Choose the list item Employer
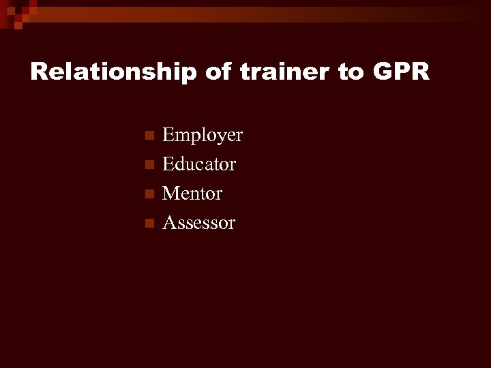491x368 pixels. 203,136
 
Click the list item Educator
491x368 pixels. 199,164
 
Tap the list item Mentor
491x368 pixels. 192,194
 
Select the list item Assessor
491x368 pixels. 198,222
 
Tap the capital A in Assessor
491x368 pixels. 169,222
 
